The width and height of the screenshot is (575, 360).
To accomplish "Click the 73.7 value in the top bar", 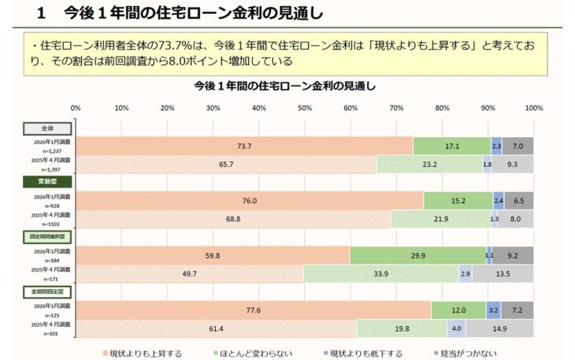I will pyautogui.click(x=244, y=146).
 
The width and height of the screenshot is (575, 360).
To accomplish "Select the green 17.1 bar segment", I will pyautogui.click(x=451, y=146).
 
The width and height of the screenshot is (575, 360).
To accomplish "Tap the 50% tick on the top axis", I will pyautogui.click(x=304, y=108).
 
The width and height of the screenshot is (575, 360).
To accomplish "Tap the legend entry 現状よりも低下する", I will pyautogui.click(x=365, y=353).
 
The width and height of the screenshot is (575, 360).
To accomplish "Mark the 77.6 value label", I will pyautogui.click(x=253, y=310).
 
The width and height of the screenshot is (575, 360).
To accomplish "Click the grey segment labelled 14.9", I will pyautogui.click(x=499, y=328).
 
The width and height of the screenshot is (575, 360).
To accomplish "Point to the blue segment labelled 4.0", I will pyautogui.click(x=456, y=328).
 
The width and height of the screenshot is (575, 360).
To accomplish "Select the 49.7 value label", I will pyautogui.click(x=189, y=273).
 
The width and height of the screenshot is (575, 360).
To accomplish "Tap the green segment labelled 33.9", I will pyautogui.click(x=381, y=273).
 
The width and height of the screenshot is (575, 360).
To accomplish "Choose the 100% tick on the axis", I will pyautogui.click(x=533, y=108).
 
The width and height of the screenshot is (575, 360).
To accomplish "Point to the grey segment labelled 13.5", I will pyautogui.click(x=503, y=273).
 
